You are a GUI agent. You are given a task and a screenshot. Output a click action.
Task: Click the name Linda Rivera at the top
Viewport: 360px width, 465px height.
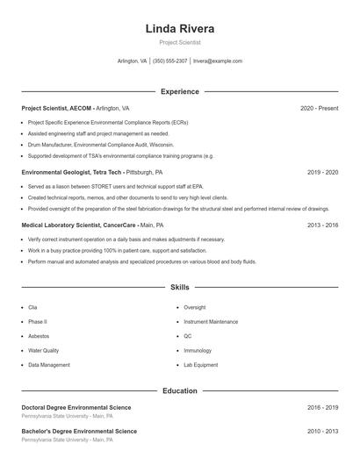tap(180, 29)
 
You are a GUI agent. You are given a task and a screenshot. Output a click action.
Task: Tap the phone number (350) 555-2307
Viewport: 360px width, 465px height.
tap(170, 61)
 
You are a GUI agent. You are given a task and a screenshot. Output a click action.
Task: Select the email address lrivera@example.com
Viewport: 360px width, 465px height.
tap(218, 61)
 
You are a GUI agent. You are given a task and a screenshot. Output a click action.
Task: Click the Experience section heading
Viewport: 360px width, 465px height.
tap(180, 91)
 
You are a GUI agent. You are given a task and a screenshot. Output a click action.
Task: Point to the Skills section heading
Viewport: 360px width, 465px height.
tap(180, 287)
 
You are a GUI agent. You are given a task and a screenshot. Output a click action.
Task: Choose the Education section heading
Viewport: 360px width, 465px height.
tap(180, 390)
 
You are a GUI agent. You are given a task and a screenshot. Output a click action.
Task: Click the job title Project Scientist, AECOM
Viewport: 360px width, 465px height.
tap(56, 108)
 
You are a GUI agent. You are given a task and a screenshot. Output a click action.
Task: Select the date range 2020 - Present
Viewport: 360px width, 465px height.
tap(319, 108)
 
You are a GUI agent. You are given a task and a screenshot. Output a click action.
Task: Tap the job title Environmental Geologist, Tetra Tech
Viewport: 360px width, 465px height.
tap(72, 172)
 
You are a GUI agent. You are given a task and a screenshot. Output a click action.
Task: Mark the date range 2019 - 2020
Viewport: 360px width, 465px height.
tap(322, 172)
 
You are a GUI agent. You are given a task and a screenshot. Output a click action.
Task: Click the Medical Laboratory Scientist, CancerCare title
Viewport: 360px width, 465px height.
tap(77, 225)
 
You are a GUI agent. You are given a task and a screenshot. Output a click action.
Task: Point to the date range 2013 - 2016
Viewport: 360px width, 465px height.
tap(322, 225)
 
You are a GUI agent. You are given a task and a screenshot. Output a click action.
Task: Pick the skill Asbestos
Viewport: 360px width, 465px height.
tap(39, 336)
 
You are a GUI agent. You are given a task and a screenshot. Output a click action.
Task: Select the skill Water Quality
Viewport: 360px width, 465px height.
tap(43, 350)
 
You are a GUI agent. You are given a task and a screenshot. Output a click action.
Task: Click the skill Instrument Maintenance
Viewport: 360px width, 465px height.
tap(211, 322)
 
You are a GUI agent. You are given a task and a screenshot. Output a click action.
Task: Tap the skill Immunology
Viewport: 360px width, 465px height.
tap(198, 350)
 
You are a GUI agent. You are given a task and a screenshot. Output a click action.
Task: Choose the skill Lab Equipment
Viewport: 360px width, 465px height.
tap(201, 364)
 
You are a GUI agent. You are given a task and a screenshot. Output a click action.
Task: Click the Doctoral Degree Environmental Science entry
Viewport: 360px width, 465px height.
tap(76, 407)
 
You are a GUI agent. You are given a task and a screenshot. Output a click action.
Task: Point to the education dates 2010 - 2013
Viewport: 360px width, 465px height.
tap(322, 432)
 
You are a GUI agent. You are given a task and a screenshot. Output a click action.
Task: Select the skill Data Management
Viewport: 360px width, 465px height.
tap(49, 364)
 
